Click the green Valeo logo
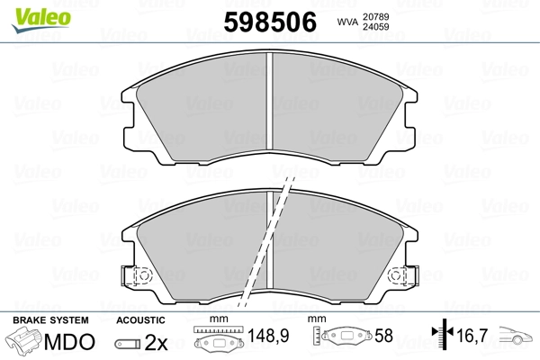(41, 20)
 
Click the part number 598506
(270, 22)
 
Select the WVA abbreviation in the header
(347, 22)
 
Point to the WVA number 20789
(375, 16)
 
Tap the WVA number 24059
(375, 27)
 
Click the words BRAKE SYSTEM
(50, 320)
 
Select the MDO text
(69, 342)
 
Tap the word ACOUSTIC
(141, 320)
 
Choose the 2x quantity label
(156, 342)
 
